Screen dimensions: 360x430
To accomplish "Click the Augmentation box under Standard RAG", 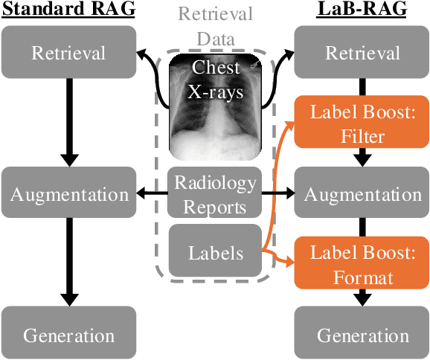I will pyautogui.click(x=68, y=194).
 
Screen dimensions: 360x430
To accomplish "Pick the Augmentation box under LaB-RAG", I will pyautogui.click(x=363, y=194).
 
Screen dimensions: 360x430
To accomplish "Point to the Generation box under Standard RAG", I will pyautogui.click(x=68, y=334).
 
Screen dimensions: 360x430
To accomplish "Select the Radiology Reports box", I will pyautogui.click(x=214, y=194).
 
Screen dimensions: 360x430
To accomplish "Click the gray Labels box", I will pyautogui.click(x=214, y=253).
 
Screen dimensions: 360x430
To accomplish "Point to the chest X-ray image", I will pyautogui.click(x=214, y=108).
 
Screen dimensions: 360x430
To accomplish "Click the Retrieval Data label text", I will pyautogui.click(x=214, y=24).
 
